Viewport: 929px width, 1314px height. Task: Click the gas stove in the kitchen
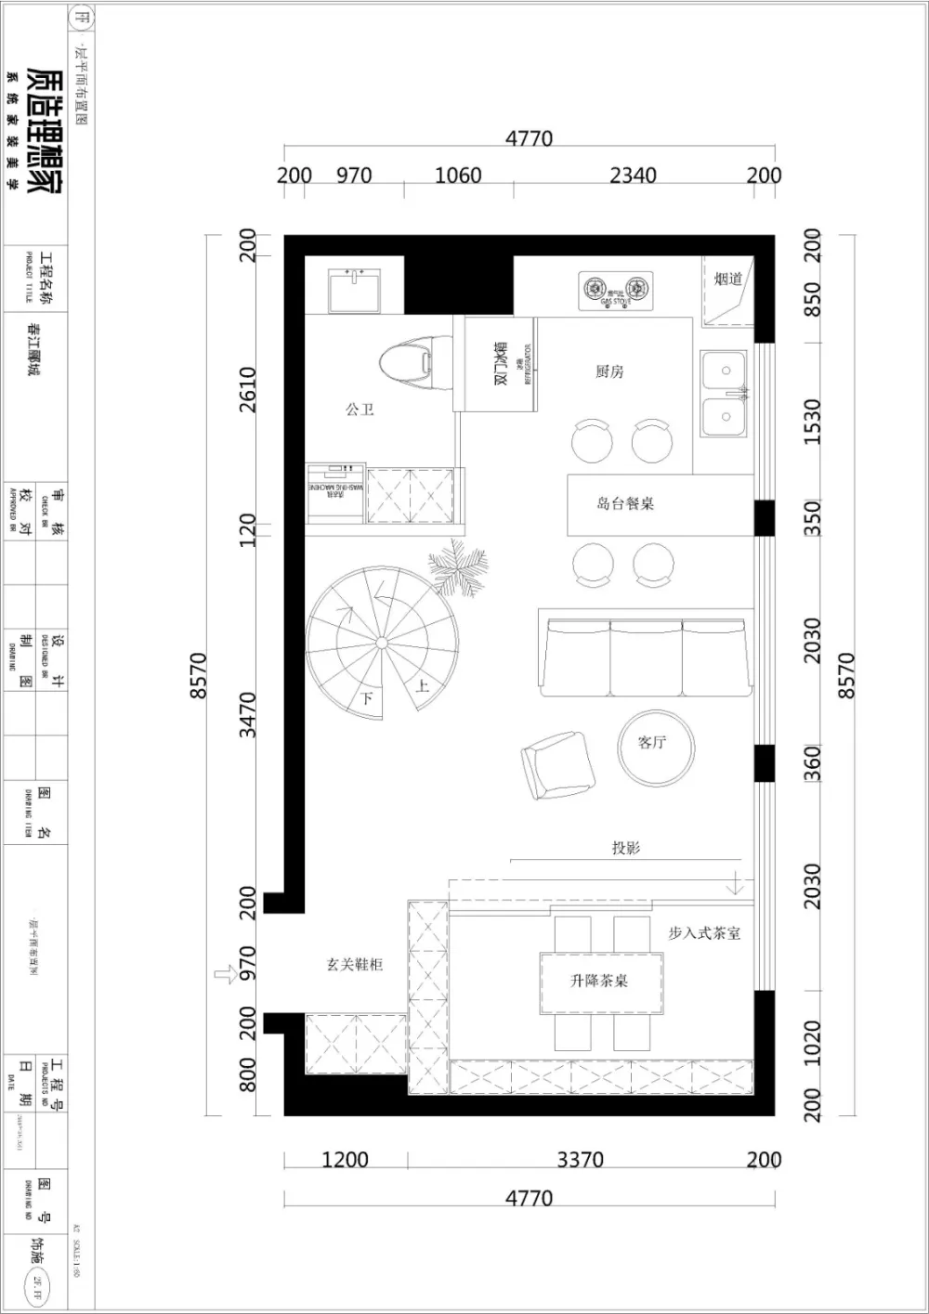[616, 291]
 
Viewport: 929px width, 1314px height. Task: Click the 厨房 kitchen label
[609, 371]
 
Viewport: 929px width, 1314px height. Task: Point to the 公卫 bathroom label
[360, 409]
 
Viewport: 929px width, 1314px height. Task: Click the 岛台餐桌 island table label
[625, 503]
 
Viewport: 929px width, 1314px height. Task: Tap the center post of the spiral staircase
[380, 643]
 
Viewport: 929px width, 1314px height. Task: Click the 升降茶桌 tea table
[600, 982]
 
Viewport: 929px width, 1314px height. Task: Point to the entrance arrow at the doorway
[226, 973]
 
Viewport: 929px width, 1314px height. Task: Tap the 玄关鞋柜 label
[354, 965]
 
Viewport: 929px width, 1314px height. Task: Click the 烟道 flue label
[727, 279]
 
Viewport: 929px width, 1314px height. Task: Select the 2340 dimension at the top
[633, 176]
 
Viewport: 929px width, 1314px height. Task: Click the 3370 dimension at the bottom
[580, 1159]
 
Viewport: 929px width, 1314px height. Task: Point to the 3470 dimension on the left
[247, 714]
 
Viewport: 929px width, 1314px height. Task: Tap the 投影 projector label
[625, 848]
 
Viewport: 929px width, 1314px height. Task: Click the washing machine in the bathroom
[336, 491]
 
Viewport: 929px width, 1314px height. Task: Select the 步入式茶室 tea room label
[704, 933]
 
